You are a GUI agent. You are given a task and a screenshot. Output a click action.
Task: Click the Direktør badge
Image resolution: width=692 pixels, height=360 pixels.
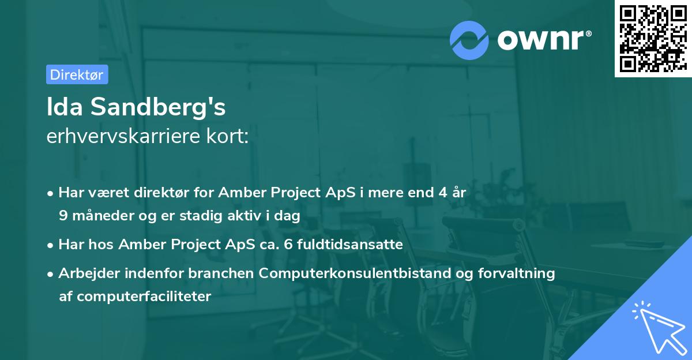77,74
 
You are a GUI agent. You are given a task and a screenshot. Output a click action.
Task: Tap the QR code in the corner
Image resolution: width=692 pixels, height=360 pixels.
652,38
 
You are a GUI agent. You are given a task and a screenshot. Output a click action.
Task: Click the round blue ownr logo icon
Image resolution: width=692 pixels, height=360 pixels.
469,40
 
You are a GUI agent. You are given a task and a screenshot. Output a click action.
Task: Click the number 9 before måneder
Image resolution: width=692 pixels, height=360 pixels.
63,216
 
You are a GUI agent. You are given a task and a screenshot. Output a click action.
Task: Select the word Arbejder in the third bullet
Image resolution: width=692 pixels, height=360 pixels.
84,273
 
